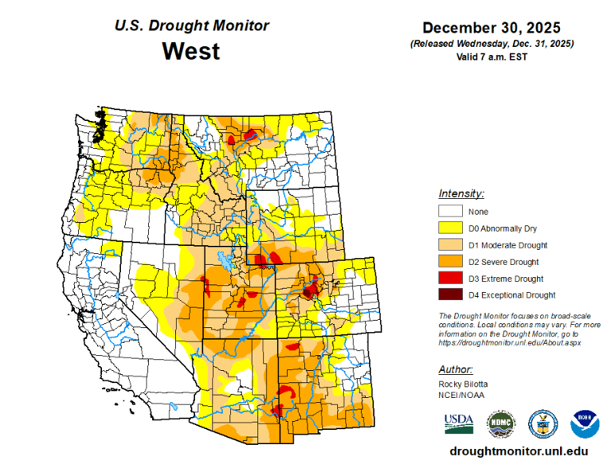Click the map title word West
point(191,52)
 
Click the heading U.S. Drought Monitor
point(192,25)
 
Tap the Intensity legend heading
point(461,193)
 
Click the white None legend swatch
point(449,212)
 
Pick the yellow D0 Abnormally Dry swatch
point(449,228)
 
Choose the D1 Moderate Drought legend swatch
point(449,245)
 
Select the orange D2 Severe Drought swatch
point(449,262)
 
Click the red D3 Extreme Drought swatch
point(449,279)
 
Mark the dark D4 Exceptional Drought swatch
point(449,295)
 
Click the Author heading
point(456,369)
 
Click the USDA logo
point(458,423)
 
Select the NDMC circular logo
point(500,423)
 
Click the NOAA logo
point(585,423)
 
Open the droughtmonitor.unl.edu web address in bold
point(519,451)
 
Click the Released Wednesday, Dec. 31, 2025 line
point(492,43)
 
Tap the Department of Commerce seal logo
point(543,423)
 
